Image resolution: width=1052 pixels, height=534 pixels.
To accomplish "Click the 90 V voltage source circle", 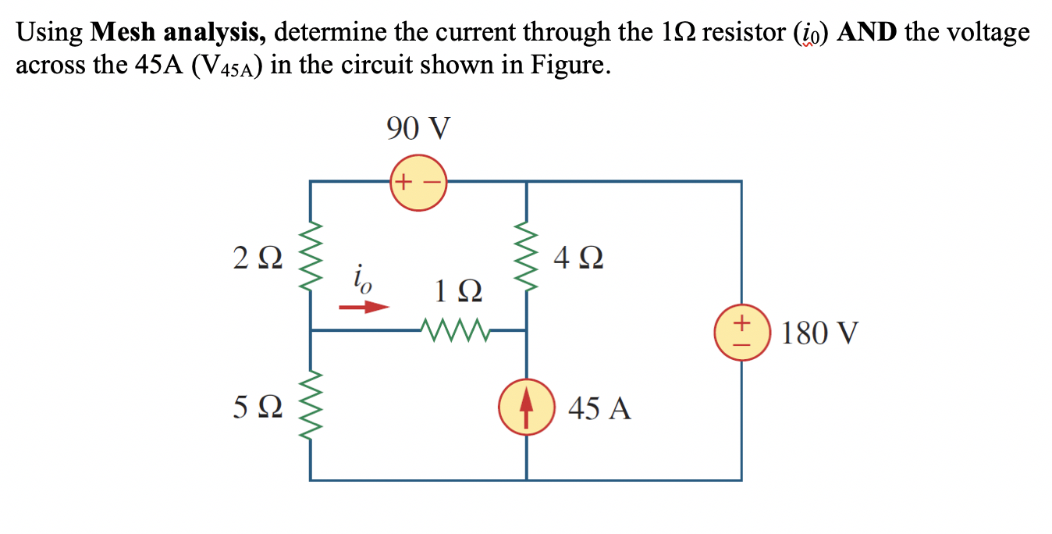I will point(418,183).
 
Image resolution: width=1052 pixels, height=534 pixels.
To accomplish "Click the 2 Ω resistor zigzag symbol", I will point(311,256).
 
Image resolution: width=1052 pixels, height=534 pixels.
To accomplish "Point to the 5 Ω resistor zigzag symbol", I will point(311,405).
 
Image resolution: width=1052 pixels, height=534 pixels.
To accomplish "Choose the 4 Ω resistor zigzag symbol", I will point(527,256).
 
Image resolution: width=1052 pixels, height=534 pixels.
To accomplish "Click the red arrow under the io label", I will point(363,307).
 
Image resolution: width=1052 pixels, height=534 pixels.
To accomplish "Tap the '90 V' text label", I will point(418,128).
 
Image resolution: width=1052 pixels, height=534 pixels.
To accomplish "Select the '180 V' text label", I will point(819,333).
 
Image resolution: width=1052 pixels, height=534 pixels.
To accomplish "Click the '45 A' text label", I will point(599,408).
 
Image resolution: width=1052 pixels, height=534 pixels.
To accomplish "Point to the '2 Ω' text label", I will point(254,256).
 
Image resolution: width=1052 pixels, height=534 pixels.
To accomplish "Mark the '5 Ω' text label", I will point(254,407).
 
